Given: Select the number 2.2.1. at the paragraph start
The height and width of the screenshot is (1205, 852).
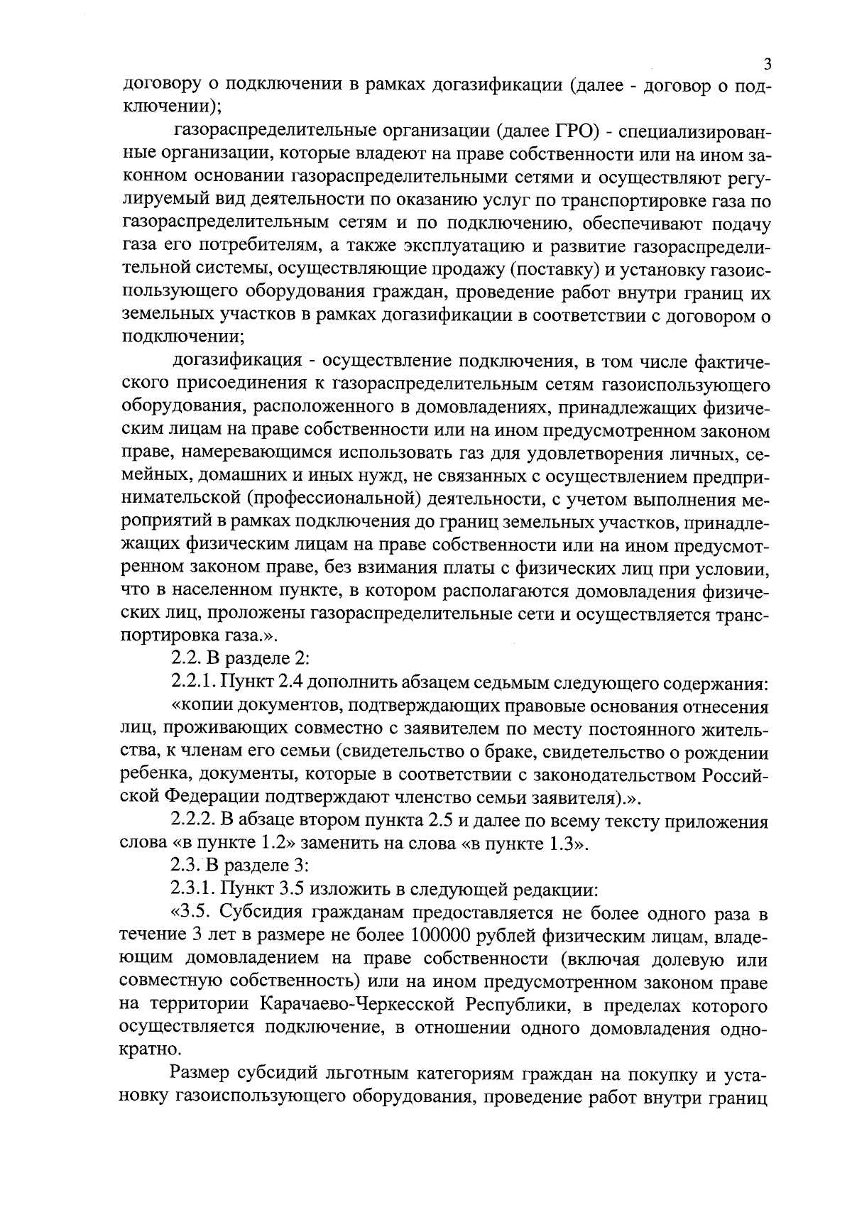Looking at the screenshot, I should pyautogui.click(x=195, y=683).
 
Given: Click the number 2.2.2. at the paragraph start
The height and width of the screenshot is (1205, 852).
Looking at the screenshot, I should pyautogui.click(x=195, y=822).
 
